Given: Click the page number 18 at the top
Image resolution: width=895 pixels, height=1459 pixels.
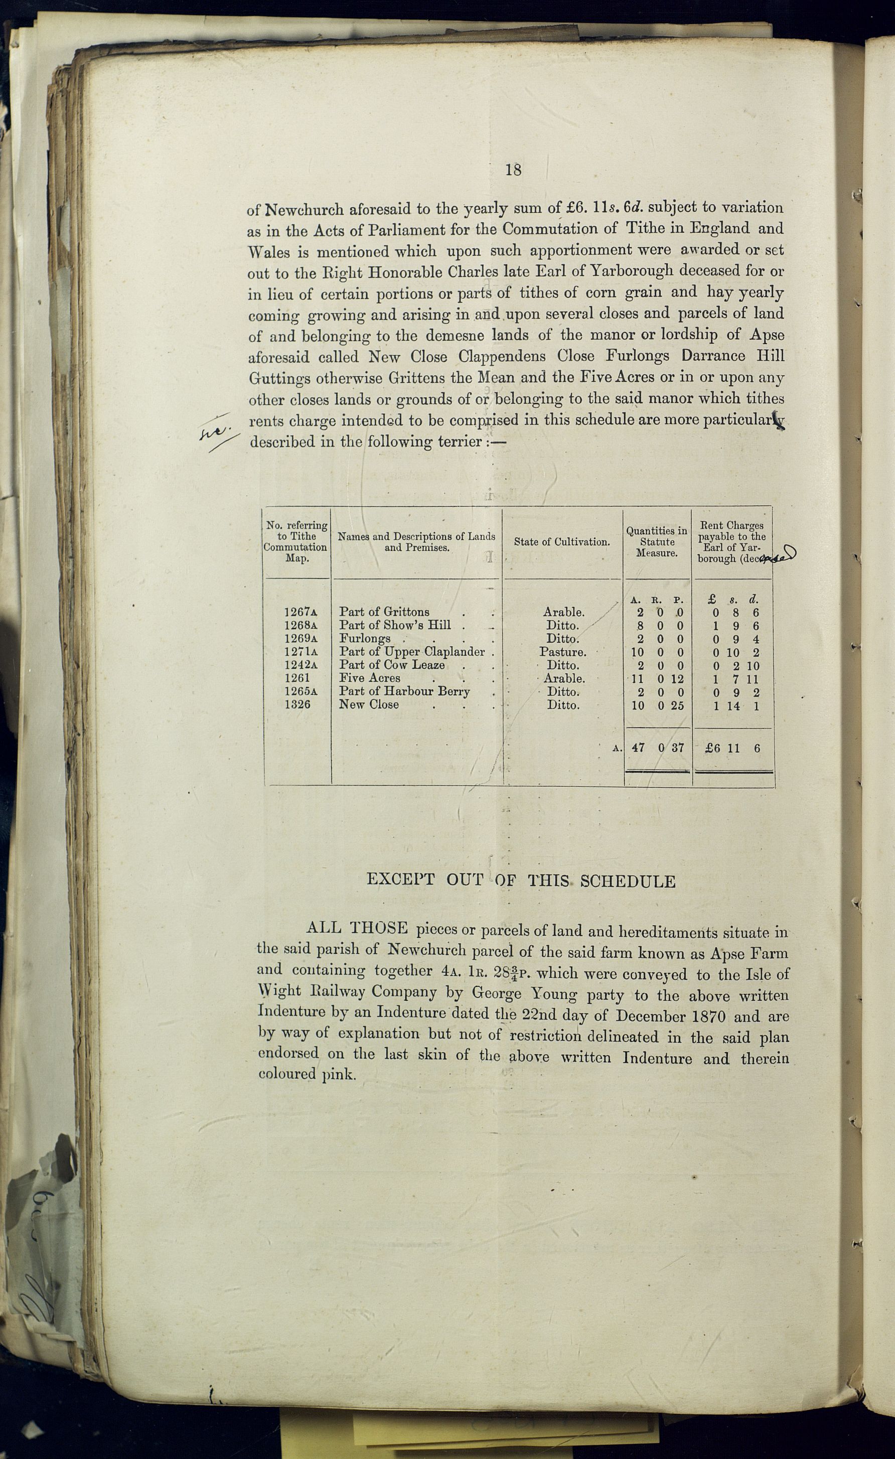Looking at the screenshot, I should tap(513, 170).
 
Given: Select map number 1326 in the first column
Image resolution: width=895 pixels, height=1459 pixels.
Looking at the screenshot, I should tap(297, 704).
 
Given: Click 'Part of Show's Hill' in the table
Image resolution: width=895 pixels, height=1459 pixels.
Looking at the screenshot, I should tap(395, 625).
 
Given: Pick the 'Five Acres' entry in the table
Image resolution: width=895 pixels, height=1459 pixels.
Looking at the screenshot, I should tap(369, 678).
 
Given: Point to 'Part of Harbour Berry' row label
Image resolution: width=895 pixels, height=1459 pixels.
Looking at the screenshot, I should tap(404, 691).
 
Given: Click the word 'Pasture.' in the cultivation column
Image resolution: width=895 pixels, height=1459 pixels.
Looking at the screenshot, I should tap(563, 652).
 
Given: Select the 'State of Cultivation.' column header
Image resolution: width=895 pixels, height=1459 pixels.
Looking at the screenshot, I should tap(562, 542).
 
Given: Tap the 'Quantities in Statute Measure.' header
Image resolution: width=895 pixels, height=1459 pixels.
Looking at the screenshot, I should tap(657, 542).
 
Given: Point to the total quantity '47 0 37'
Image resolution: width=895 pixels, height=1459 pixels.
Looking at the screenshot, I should tap(658, 748).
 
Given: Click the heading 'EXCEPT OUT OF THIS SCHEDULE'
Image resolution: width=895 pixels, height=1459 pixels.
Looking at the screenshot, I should tap(521, 881).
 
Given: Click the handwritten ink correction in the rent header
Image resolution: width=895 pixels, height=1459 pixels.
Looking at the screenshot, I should tap(774, 555).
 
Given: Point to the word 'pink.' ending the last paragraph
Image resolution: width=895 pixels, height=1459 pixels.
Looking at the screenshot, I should tap(339, 1074).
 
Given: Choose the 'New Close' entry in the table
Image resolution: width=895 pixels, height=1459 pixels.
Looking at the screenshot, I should tap(369, 704).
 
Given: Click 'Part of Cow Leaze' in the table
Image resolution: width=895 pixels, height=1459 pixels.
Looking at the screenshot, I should tap(392, 665).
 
